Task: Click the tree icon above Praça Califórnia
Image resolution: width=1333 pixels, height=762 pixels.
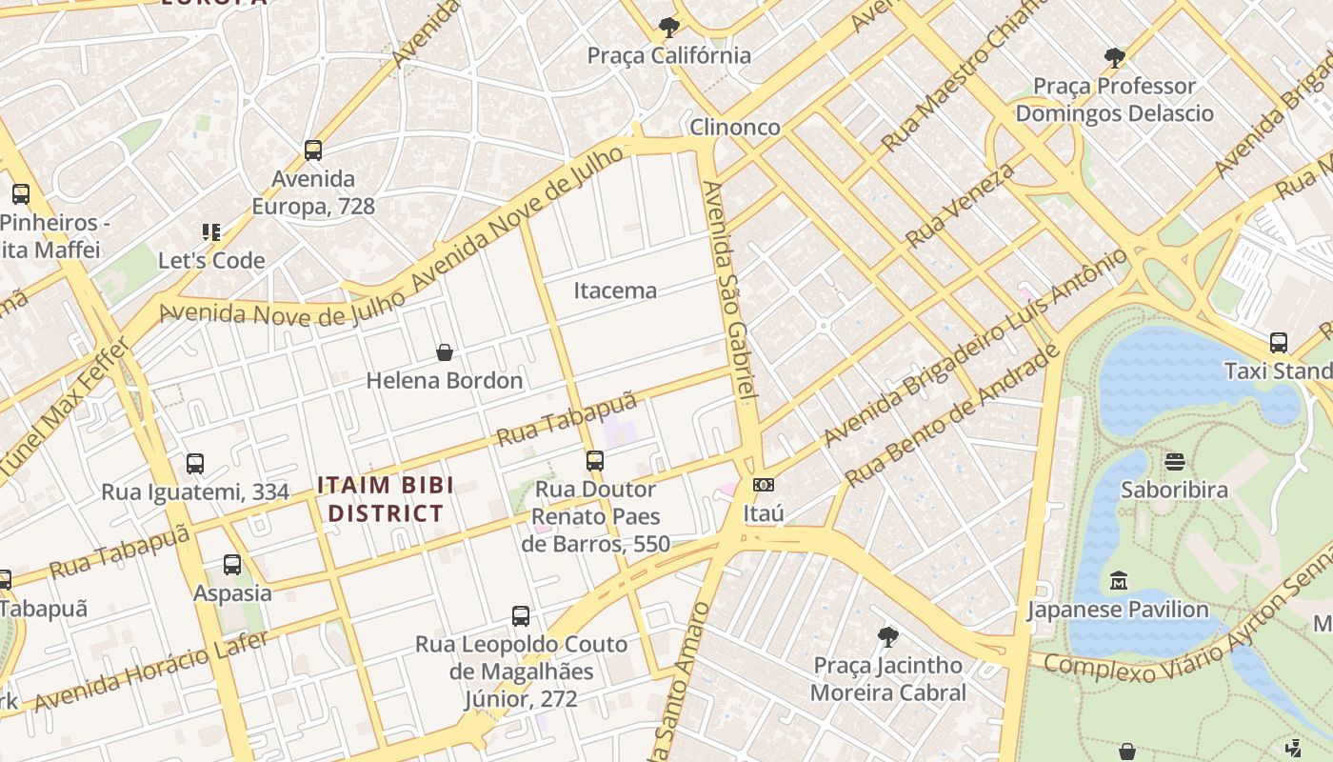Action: click(x=668, y=27)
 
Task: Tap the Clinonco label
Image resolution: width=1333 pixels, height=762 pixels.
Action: click(x=734, y=127)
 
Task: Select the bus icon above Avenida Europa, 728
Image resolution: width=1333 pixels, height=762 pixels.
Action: click(x=313, y=150)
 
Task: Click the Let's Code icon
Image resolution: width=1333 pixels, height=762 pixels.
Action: click(x=211, y=231)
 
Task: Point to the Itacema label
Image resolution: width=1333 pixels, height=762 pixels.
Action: click(x=615, y=291)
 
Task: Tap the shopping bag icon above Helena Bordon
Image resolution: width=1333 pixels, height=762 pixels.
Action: click(x=444, y=352)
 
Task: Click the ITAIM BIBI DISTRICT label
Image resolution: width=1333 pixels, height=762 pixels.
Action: click(x=385, y=499)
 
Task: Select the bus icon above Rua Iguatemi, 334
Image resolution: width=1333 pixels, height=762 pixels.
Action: click(x=195, y=464)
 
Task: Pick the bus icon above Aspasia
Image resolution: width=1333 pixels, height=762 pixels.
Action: click(x=232, y=565)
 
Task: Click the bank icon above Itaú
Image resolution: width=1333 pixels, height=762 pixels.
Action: click(x=763, y=485)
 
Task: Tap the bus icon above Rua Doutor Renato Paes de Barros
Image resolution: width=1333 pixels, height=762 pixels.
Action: click(x=595, y=461)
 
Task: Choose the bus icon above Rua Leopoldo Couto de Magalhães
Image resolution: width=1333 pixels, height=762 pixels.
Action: click(x=520, y=615)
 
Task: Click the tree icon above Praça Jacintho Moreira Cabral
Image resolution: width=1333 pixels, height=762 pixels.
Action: click(x=887, y=636)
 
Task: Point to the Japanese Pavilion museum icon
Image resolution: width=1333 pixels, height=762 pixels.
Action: click(x=1118, y=580)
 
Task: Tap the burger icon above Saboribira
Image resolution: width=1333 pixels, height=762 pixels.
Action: click(x=1174, y=462)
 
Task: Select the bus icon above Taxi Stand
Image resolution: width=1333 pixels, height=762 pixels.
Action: click(x=1279, y=342)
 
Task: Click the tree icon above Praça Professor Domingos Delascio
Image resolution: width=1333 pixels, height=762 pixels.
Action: click(x=1114, y=58)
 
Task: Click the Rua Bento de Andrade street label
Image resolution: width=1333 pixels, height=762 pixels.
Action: click(x=952, y=415)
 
